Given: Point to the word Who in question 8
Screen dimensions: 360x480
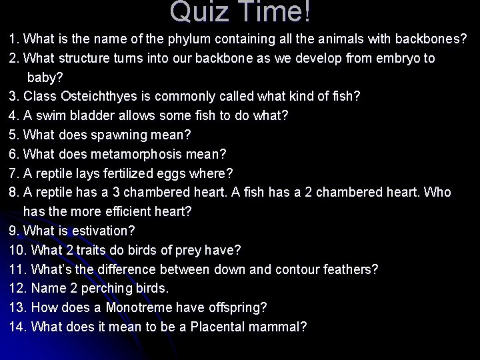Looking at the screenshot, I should pyautogui.click(x=438, y=193).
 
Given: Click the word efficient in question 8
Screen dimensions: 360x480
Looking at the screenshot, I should pyautogui.click(x=130, y=211).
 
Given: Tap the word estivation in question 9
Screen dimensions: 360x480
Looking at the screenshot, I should pyautogui.click(x=101, y=231).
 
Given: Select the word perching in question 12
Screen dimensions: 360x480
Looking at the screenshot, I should pyautogui.click(x=101, y=289).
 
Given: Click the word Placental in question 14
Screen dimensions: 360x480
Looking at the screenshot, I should pyautogui.click(x=221, y=327).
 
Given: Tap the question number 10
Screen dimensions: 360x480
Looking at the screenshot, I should pyautogui.click(x=17, y=250).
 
